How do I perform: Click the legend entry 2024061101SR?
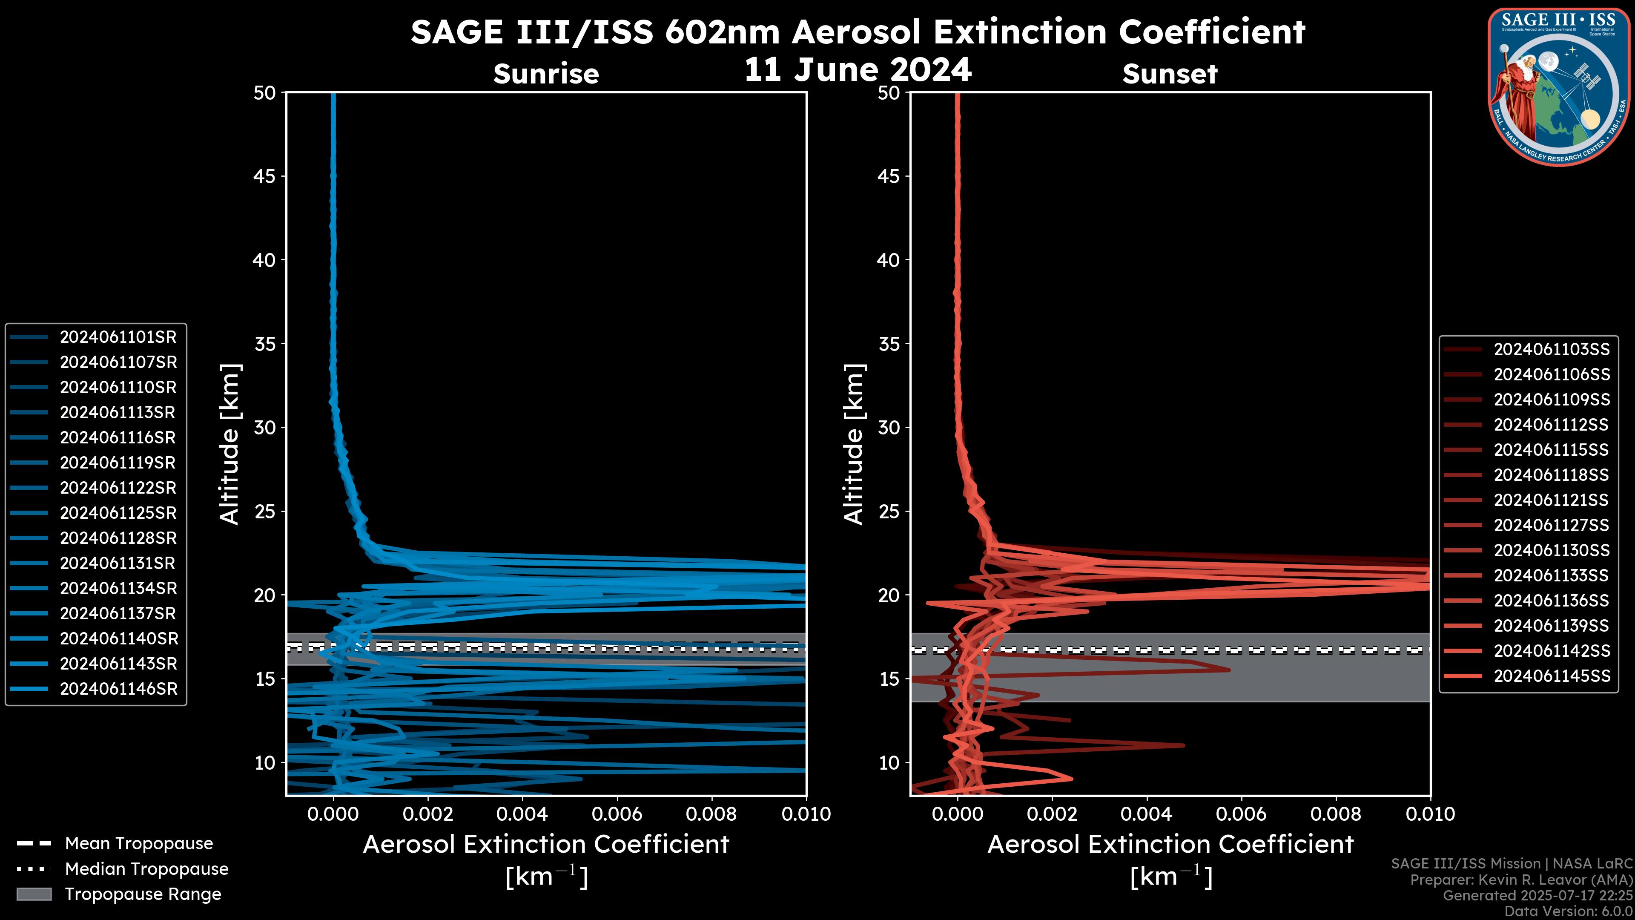coord(118,337)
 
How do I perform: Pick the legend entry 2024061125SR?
coord(118,513)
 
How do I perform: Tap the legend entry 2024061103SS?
coord(1551,350)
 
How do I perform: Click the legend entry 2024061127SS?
coord(1551,526)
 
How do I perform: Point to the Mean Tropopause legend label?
coord(139,844)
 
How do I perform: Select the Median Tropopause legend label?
coord(146,869)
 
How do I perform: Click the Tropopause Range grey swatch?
coord(34,894)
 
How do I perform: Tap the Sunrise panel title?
coord(546,74)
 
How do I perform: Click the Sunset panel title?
coord(1170,74)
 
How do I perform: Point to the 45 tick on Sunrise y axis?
coord(265,176)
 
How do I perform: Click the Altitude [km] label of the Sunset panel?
coord(854,444)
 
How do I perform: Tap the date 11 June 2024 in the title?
coord(858,70)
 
